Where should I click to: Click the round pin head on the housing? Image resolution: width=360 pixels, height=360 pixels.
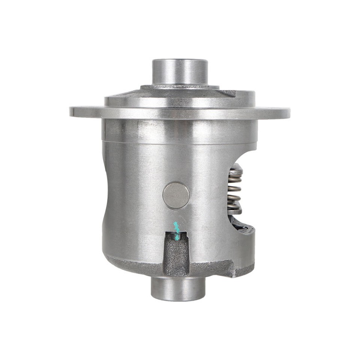176,195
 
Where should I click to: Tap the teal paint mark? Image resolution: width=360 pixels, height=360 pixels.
176,228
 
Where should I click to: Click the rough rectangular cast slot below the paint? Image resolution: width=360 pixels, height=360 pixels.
176,255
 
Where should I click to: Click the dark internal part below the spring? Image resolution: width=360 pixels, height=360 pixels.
240,225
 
